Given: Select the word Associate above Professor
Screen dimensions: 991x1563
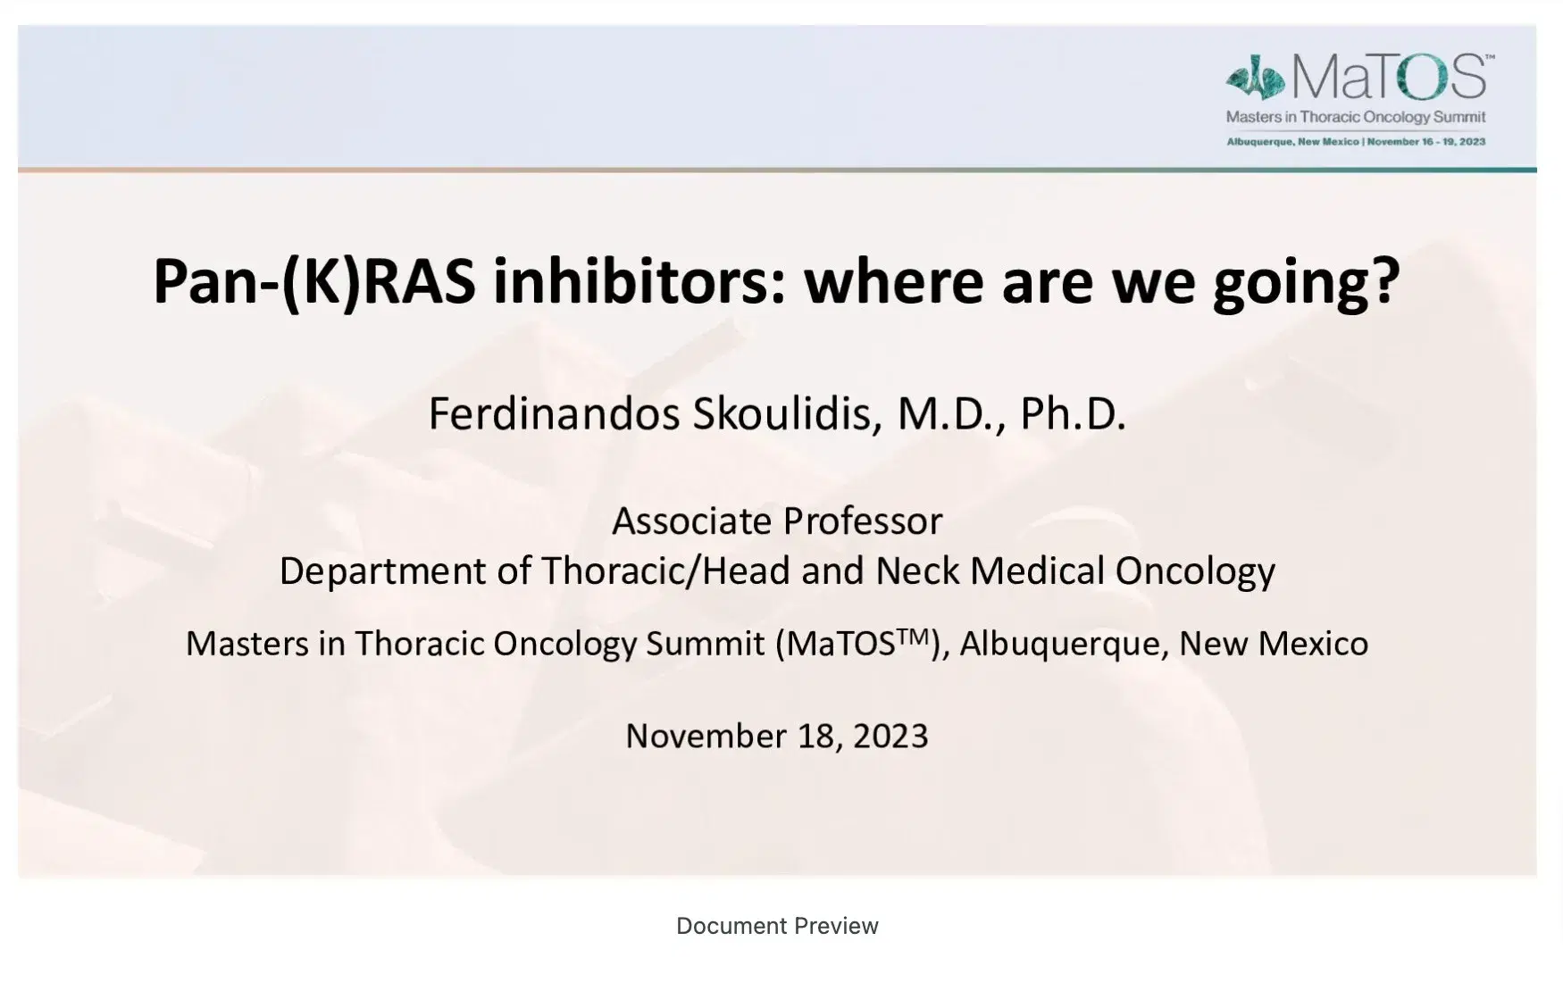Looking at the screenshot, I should (691, 521).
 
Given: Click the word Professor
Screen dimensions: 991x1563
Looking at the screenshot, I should (863, 521).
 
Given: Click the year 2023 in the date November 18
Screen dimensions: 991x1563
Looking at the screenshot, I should (890, 737).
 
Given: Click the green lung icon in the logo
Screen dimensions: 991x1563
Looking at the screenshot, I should (1256, 78).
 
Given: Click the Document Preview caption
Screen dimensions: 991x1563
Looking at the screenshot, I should (777, 926).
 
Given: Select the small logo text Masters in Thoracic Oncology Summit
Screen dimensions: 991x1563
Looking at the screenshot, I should (1356, 117).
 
